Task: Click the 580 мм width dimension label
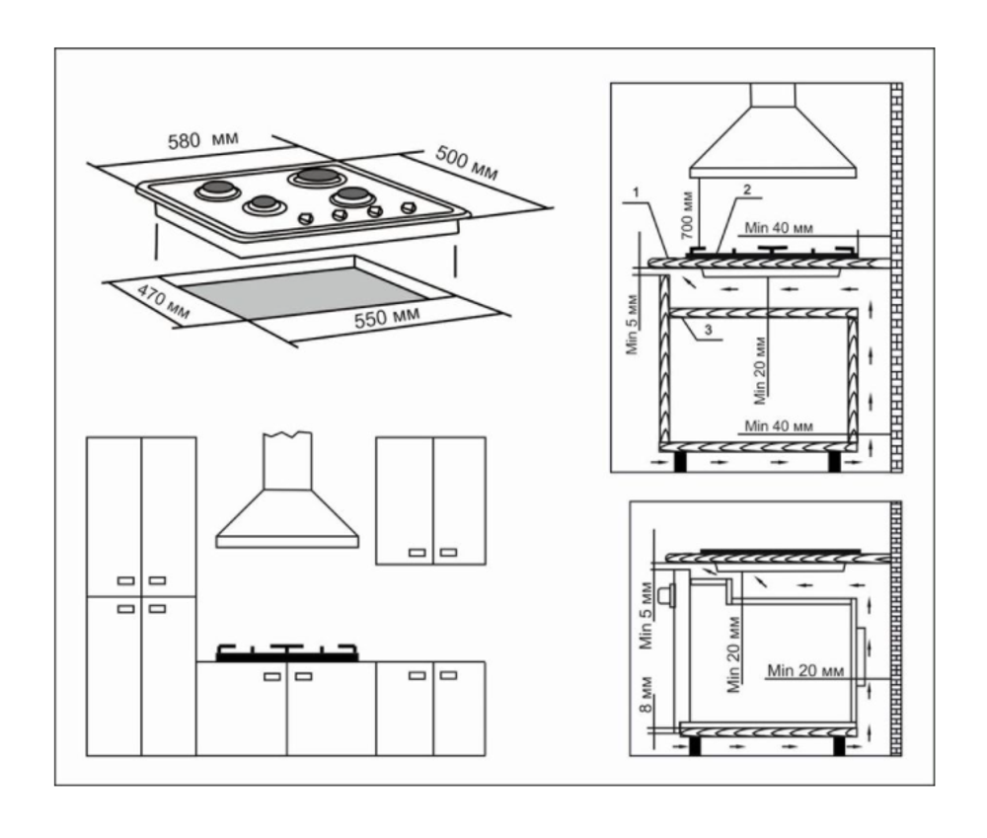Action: point(202,140)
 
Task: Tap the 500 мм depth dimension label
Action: point(467,163)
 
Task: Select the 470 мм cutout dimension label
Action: point(163,302)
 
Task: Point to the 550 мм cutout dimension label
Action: point(387,317)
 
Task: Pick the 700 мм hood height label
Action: point(687,215)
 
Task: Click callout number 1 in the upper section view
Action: point(637,192)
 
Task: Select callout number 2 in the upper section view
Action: point(747,189)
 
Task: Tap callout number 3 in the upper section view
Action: point(708,329)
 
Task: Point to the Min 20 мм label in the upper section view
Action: point(759,371)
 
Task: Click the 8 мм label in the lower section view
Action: point(645,694)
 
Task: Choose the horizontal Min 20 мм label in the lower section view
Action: point(805,670)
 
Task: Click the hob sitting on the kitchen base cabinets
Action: point(287,652)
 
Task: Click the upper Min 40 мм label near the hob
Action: point(779,227)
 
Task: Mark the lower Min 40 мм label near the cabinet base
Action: point(779,425)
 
